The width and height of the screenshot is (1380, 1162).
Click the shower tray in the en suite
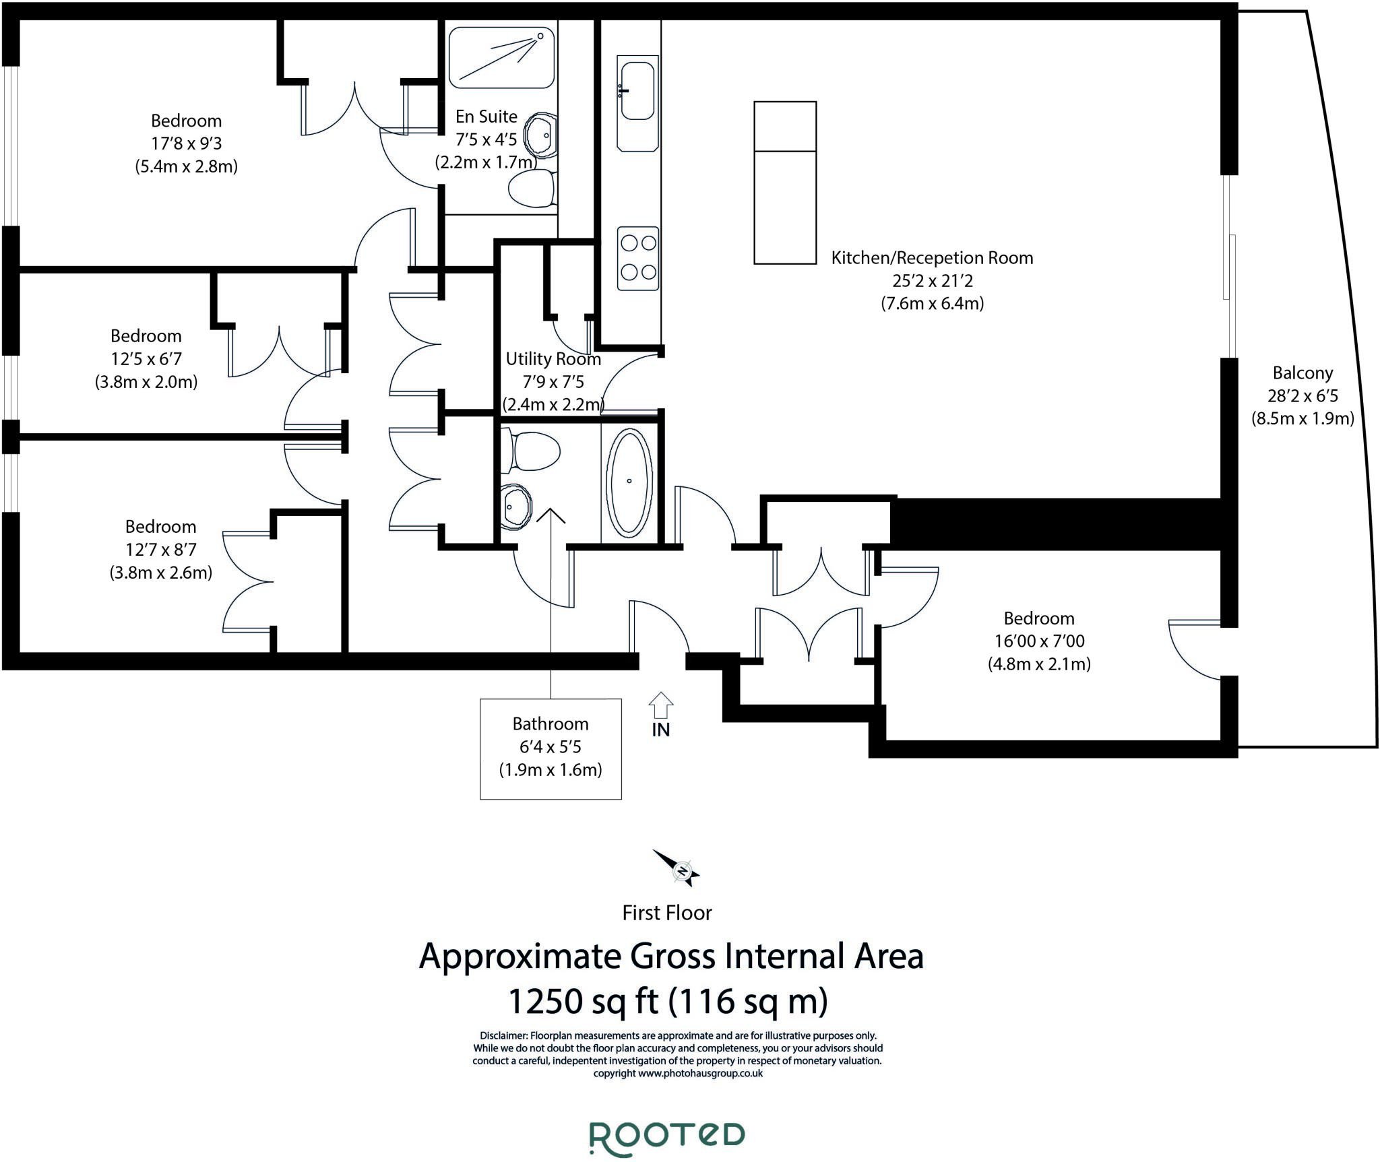coord(501,57)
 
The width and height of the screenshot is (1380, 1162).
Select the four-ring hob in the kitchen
coord(638,258)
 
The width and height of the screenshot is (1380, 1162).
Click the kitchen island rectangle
coord(785,183)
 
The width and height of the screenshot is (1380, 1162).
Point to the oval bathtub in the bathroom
coord(629,482)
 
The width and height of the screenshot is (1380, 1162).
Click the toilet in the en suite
coord(532,188)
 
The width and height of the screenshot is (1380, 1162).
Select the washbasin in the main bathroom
coord(515,506)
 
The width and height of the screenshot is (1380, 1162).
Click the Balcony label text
coord(1303,373)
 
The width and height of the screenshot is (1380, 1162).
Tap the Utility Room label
coord(553,359)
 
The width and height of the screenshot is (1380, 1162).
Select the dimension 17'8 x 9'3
coord(186,143)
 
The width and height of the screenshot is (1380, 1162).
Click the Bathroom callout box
coord(551,748)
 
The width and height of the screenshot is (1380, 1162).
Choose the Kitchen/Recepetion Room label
coord(932,258)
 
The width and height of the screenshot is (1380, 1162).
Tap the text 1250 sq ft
coord(584,1001)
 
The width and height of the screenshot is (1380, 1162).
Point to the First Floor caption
coord(667,913)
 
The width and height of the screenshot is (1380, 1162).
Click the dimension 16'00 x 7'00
coord(1039,641)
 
